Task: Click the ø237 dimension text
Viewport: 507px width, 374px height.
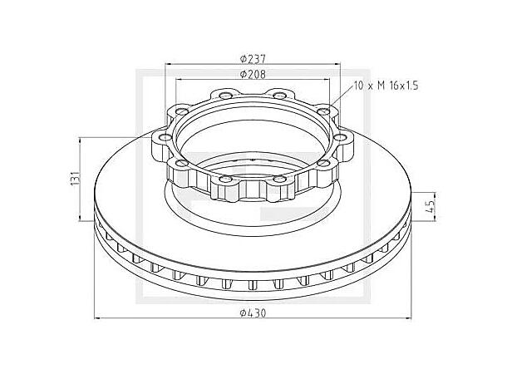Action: click(x=253, y=58)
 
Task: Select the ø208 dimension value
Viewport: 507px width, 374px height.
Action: click(x=253, y=74)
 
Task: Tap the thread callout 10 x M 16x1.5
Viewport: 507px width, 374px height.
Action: click(x=385, y=86)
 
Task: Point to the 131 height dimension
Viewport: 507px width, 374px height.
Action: click(x=75, y=178)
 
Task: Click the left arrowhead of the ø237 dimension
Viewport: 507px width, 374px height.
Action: click(x=169, y=64)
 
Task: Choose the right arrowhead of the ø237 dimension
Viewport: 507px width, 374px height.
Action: click(x=337, y=64)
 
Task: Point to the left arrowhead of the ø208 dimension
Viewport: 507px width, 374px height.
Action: click(x=180, y=80)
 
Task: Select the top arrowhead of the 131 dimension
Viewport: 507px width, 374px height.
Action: click(x=81, y=139)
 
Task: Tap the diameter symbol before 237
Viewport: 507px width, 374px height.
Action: click(x=242, y=58)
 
